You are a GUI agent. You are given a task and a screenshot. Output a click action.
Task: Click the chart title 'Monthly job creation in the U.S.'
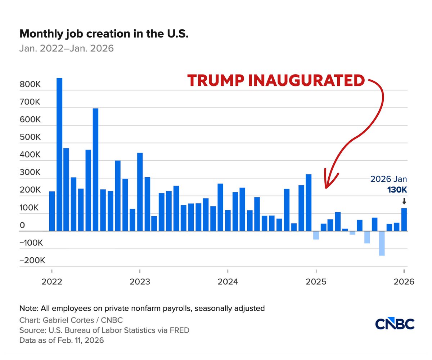pos(104,34)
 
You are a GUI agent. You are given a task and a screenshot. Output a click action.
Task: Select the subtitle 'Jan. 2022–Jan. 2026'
pos(66,49)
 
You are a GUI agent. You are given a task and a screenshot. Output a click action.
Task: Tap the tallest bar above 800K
pos(59,154)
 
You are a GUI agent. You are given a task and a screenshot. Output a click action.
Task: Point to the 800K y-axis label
pos(30,85)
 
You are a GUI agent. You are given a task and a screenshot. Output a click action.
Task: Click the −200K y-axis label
pos(32,261)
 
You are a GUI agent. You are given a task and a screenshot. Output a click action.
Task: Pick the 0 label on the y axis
pos(22,225)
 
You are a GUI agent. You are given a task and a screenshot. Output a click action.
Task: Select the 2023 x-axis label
pos(140,282)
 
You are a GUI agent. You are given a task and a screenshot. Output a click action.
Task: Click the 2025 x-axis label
pos(316,282)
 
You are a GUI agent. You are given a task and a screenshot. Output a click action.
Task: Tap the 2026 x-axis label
pos(404,282)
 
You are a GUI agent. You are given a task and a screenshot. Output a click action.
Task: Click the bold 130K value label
pos(397,190)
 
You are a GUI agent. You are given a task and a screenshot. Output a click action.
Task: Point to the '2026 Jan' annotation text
pos(388,179)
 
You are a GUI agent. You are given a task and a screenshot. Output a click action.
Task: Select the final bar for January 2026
pos(404,219)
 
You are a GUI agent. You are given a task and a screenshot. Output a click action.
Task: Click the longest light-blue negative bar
pos(382,243)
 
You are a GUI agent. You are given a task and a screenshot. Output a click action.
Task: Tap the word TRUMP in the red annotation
pos(216,80)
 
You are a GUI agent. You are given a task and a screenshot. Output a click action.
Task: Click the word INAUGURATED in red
pos(306,80)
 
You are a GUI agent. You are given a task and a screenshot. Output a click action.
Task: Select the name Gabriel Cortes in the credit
pos(68,320)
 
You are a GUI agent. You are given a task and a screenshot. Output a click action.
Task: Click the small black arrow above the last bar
pos(404,201)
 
